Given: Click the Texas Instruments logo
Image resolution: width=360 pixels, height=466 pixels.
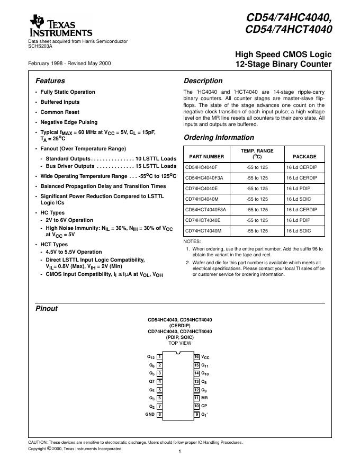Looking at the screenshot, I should pyautogui.click(x=61, y=26).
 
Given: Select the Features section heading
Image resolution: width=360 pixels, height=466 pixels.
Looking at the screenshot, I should pyautogui.click(x=50, y=81).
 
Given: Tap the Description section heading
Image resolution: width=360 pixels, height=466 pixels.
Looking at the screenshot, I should pyautogui.click(x=203, y=81).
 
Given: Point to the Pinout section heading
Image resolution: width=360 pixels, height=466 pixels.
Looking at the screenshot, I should pyautogui.click(x=46, y=309).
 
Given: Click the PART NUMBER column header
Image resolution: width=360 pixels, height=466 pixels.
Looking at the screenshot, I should pyautogui.click(x=206, y=157).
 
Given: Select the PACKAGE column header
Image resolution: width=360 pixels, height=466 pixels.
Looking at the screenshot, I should pyautogui.click(x=304, y=157).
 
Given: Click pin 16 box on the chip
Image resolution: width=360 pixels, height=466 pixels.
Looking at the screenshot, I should pyautogui.click(x=196, y=357).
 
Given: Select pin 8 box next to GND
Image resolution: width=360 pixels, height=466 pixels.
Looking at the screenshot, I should pyautogui.click(x=159, y=415).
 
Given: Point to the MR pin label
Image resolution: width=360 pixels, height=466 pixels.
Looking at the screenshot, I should pyautogui.click(x=204, y=398).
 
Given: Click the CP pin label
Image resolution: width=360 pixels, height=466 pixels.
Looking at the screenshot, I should pyautogui.click(x=204, y=406).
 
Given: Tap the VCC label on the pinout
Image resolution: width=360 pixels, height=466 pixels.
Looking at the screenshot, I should pyautogui.click(x=205, y=357).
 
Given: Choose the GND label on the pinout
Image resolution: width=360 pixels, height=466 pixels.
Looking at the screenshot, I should pyautogui.click(x=150, y=415).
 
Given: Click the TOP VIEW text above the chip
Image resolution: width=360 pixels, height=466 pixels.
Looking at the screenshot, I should pyautogui.click(x=179, y=343).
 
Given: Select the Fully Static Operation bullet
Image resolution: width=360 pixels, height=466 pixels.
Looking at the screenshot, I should pyautogui.click(x=68, y=92).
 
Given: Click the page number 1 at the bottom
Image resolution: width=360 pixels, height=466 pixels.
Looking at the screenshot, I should pyautogui.click(x=180, y=452).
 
